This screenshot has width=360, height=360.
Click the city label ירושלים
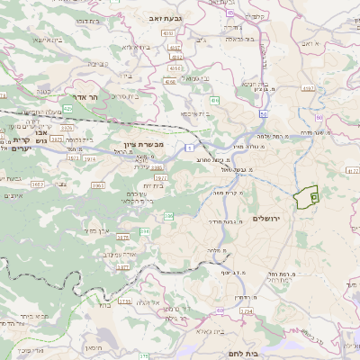(x=268, y=219)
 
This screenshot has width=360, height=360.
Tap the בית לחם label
(x=243, y=355)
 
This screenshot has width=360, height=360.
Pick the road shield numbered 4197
(x=309, y=88)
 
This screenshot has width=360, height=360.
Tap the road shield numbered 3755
(x=125, y=302)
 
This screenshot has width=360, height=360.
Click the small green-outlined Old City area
(x=307, y=193)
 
